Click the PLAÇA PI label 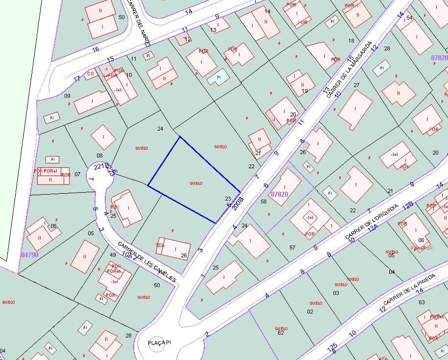[x=159, y=342]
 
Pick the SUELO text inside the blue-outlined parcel [x=196, y=183]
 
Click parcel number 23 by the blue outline [x=228, y=198]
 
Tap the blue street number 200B [x=238, y=202]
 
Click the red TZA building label [x=160, y=245]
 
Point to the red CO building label [x=90, y=74]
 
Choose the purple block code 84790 [x=29, y=255]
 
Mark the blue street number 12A [x=373, y=228]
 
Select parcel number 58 [x=263, y=202]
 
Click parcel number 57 [x=292, y=247]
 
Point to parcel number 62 [x=281, y=333]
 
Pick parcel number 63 [x=422, y=302]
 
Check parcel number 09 [x=68, y=96]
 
